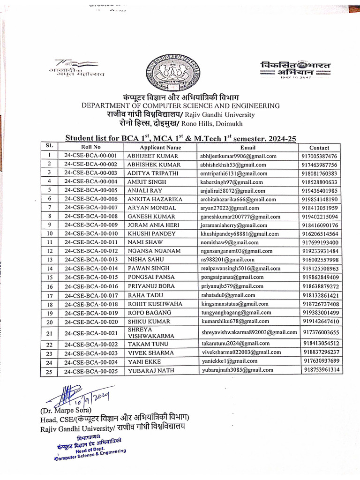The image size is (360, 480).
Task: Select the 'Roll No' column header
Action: [90, 147]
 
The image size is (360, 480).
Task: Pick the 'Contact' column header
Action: [319, 147]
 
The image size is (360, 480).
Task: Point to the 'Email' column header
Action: [247, 147]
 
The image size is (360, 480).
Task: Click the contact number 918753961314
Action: [321, 370]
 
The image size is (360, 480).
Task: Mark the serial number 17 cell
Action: [49, 295]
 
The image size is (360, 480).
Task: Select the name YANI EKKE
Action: [144, 361]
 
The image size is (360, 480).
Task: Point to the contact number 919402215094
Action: [320, 217]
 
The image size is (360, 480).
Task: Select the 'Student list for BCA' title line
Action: [180, 138]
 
